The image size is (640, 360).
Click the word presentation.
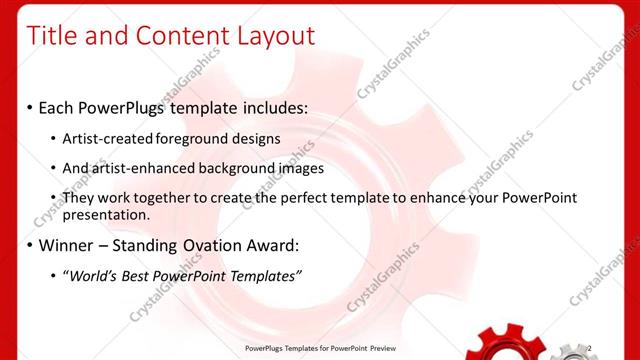[x=106, y=214]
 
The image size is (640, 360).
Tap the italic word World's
[x=93, y=276]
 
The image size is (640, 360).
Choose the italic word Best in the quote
[x=138, y=276]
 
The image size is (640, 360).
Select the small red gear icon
[x=509, y=345]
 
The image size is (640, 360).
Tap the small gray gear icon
[x=571, y=350]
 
